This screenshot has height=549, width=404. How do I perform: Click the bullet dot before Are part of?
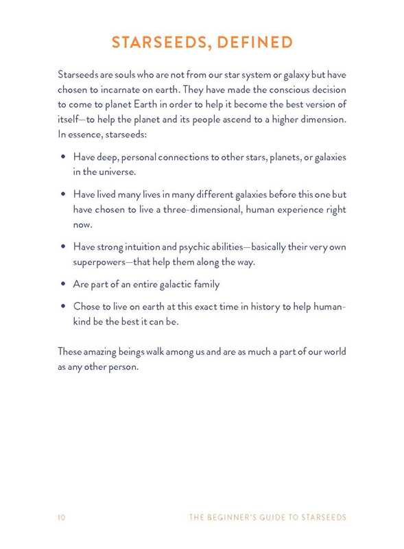(x=62, y=284)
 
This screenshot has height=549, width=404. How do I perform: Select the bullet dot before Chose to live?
(x=62, y=307)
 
